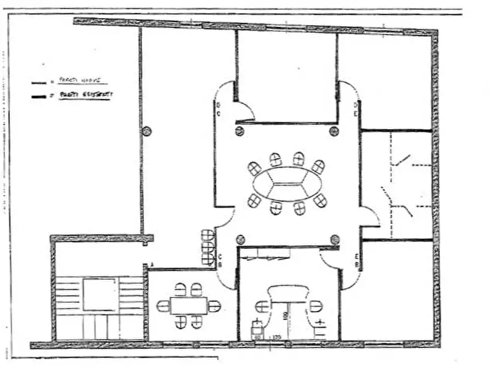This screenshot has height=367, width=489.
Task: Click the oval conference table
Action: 287,184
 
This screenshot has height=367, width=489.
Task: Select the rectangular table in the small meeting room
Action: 188,305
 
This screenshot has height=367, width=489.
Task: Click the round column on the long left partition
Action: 146,131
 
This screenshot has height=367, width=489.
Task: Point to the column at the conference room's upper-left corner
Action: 239,131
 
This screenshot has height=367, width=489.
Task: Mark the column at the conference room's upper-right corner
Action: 333,131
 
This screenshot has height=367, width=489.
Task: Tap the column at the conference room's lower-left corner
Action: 239,239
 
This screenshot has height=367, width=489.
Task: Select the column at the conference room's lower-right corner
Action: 335,239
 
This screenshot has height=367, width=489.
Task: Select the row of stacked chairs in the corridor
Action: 208,247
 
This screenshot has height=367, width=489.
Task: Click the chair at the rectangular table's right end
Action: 214,306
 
